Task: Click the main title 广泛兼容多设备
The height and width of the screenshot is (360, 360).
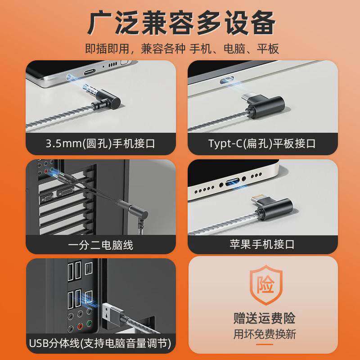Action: pyautogui.click(x=181, y=23)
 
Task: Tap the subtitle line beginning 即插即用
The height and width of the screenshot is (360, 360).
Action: pyautogui.click(x=182, y=49)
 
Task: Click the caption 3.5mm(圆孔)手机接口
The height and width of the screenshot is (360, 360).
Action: pyautogui.click(x=100, y=144)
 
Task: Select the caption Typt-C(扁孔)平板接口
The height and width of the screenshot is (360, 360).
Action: pyautogui.click(x=262, y=144)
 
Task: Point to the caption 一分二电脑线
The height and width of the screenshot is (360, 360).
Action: pyautogui.click(x=100, y=245)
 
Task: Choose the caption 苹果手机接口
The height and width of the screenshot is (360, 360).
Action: pyautogui.click(x=262, y=244)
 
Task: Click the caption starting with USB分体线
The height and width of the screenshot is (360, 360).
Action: pyautogui.click(x=100, y=343)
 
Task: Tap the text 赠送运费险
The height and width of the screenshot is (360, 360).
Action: pyautogui.click(x=264, y=318)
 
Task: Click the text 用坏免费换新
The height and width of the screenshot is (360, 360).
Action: pyautogui.click(x=265, y=334)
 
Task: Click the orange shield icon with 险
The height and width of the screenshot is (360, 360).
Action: pyautogui.click(x=266, y=285)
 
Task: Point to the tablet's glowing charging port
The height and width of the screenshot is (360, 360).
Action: pyautogui.click(x=227, y=80)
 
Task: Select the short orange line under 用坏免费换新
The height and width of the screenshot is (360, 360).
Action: pyautogui.click(x=265, y=344)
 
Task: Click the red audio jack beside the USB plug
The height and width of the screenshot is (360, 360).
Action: pyautogui.click(x=80, y=326)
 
